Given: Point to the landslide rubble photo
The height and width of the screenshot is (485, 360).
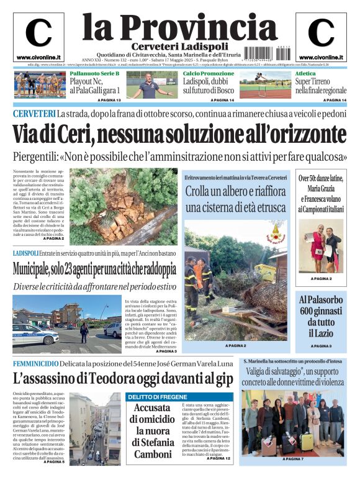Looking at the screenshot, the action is [x=123, y=205].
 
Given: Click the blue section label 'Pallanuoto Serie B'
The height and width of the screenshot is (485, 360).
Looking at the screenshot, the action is [x=94, y=74].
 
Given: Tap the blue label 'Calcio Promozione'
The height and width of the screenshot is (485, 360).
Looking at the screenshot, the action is [x=209, y=74].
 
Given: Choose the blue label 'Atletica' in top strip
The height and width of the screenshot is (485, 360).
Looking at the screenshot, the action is [x=305, y=74].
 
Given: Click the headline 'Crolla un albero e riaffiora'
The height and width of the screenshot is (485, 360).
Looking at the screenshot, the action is [x=235, y=192].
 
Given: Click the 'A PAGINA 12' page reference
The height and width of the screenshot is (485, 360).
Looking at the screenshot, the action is [x=219, y=458].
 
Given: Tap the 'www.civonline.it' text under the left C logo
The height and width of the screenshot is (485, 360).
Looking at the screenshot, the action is [x=38, y=57].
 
